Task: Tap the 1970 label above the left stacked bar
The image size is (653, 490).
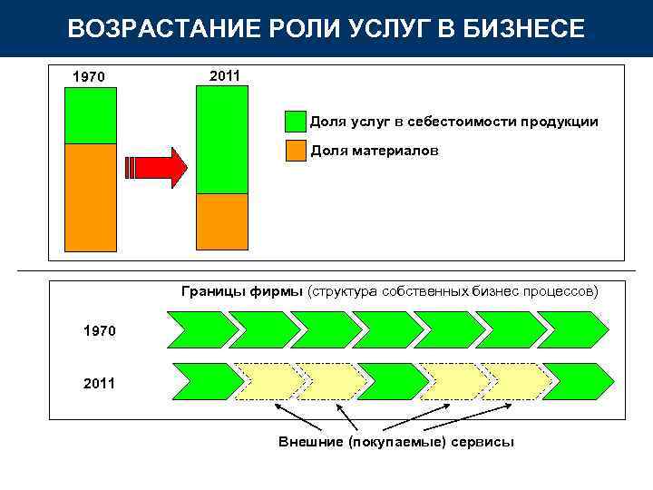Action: click(x=88, y=77)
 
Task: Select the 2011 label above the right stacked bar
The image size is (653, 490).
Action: click(x=224, y=76)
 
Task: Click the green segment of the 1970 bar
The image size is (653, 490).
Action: click(x=91, y=115)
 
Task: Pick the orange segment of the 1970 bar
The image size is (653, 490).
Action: click(x=91, y=197)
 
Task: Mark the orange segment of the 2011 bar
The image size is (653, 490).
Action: click(x=222, y=221)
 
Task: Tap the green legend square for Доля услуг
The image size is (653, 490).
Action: click(x=296, y=122)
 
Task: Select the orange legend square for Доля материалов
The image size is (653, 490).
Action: click(x=296, y=151)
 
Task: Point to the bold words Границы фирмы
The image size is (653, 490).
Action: click(x=242, y=291)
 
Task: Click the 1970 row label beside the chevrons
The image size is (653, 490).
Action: click(x=99, y=331)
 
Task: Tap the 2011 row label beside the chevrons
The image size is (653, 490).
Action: click(x=99, y=383)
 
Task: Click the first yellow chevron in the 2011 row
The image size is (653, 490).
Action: click(x=266, y=382)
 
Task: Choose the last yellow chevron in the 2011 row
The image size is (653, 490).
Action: click(x=515, y=382)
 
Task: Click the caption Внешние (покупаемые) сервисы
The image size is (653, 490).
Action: click(x=395, y=442)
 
